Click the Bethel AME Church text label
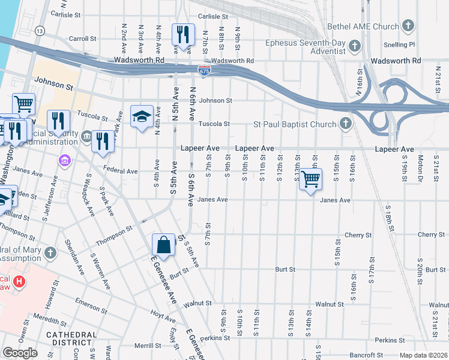click(x=363, y=26)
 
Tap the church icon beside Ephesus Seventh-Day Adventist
click(x=355, y=46)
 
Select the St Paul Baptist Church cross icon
click(x=345, y=124)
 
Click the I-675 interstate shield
click(x=204, y=70)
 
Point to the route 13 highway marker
click(x=40, y=30)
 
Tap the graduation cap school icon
click(x=141, y=116)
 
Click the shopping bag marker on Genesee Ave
click(x=163, y=244)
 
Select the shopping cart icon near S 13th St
click(x=310, y=178)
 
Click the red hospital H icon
click(x=20, y=281)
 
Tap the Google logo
click(x=20, y=353)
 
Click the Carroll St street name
click(x=82, y=38)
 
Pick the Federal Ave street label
click(x=120, y=170)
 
